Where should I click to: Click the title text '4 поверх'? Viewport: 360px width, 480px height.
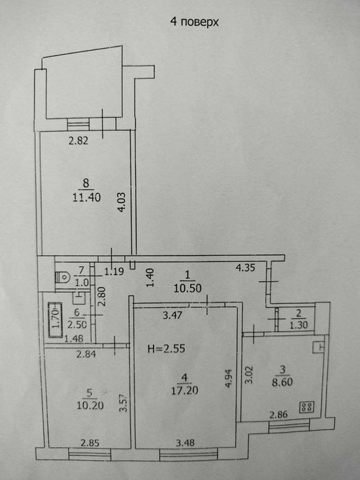[194, 22]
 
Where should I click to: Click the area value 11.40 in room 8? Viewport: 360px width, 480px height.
[85, 196]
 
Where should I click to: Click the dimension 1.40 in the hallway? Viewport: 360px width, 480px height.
[149, 277]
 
